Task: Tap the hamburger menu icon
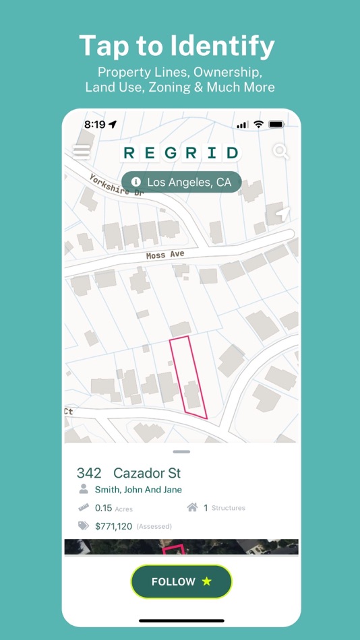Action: (82, 152)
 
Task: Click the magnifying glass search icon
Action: (280, 152)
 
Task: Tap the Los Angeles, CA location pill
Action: (181, 182)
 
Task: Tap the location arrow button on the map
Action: (282, 215)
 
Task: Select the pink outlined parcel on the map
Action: (189, 377)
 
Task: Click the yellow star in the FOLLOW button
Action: (206, 581)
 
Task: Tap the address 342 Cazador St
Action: (129, 473)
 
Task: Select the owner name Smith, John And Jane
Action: (138, 490)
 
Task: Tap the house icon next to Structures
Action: (191, 508)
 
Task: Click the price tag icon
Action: (84, 525)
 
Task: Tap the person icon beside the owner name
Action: (84, 490)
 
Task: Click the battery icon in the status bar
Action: (276, 125)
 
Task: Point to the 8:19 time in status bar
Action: (94, 125)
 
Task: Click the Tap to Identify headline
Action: (177, 46)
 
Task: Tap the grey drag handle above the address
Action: (181, 451)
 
